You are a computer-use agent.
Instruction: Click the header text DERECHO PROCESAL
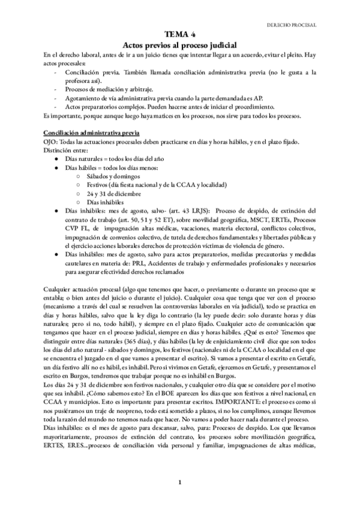coord(292,25)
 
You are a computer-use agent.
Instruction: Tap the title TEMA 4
coord(180,35)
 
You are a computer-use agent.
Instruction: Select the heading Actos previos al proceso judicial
coord(180,45)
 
